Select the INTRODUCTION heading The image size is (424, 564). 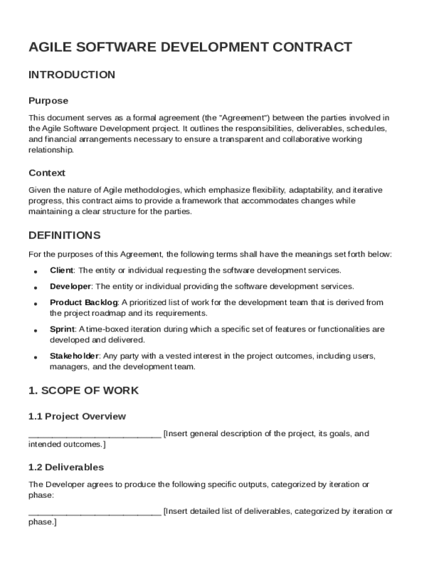[72, 75]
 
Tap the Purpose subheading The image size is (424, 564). [48, 101]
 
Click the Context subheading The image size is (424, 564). [47, 173]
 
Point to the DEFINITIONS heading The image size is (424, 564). [64, 236]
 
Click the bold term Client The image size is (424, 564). [62, 270]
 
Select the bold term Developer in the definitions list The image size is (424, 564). [70, 286]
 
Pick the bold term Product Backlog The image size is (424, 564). [84, 302]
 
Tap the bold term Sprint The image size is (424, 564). [62, 329]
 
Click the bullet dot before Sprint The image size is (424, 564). [35, 330]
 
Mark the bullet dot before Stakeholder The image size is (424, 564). [35, 357]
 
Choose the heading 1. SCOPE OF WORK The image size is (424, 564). [83, 391]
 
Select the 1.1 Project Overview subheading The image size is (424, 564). [77, 416]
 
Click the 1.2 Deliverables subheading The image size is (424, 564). [66, 468]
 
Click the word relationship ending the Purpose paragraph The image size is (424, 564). [50, 150]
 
